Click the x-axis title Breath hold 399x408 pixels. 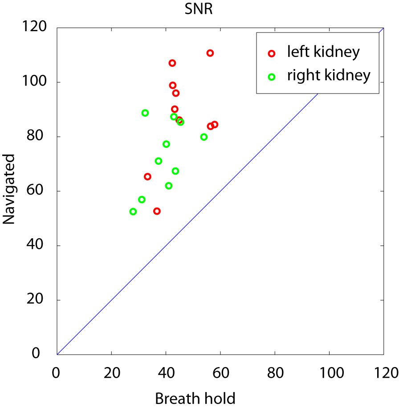pyautogui.click(x=195, y=398)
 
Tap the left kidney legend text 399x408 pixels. pyautogui.click(x=323, y=52)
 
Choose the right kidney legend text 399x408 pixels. pyautogui.click(x=329, y=75)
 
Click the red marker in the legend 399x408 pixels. pyautogui.click(x=272, y=53)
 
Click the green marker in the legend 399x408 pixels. pyautogui.click(x=272, y=77)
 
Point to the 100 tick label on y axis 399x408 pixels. pyautogui.click(x=34, y=82)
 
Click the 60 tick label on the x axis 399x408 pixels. pyautogui.click(x=220, y=372)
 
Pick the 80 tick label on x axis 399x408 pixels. pyautogui.click(x=275, y=372)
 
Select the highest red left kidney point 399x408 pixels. pyautogui.click(x=210, y=53)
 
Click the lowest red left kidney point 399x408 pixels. pyautogui.click(x=157, y=211)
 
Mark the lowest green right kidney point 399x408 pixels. pyautogui.click(x=133, y=212)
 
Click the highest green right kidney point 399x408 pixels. pyautogui.click(x=145, y=113)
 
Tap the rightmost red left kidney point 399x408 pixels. pyautogui.click(x=215, y=125)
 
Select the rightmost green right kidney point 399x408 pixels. pyautogui.click(x=204, y=137)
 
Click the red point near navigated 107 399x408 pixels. pyautogui.click(x=172, y=63)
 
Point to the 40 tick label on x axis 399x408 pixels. pyautogui.click(x=166, y=372)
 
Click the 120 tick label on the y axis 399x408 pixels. pyautogui.click(x=34, y=28)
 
